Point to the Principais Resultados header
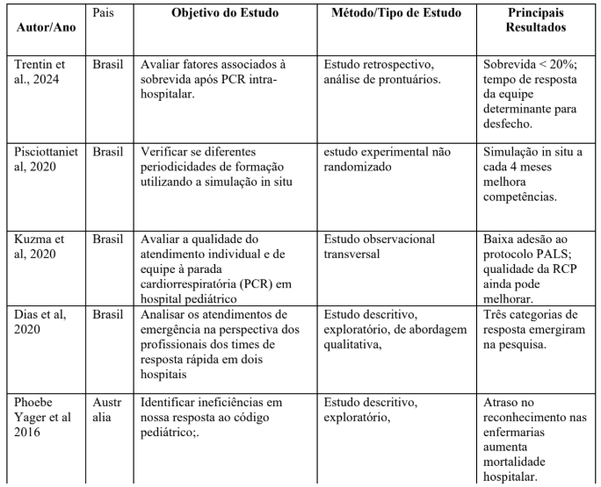pyautogui.click(x=535, y=21)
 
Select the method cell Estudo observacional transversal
pyautogui.click(x=380, y=243)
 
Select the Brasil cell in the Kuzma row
pyautogui.click(x=107, y=236)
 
